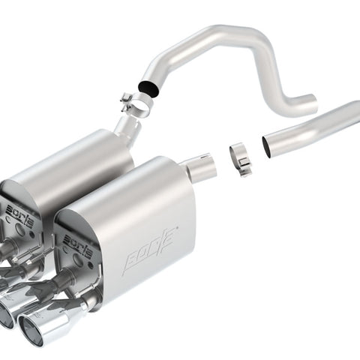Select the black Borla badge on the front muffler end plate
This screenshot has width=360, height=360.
[77, 248]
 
